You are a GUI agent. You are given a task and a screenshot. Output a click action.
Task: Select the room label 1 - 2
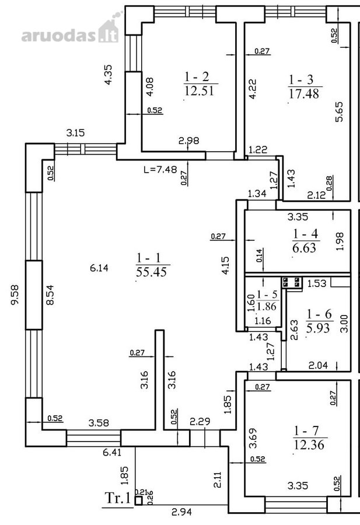pyautogui.click(x=197, y=76)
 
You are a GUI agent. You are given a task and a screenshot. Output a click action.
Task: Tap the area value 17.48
pyautogui.click(x=304, y=93)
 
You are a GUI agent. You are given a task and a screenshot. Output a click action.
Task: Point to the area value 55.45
pyautogui.click(x=151, y=271)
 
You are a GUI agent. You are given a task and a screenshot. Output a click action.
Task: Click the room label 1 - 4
pyautogui.click(x=305, y=234)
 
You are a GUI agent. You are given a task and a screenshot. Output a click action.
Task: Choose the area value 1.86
pyautogui.click(x=267, y=306)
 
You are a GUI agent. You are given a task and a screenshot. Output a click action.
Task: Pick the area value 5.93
pyautogui.click(x=318, y=328)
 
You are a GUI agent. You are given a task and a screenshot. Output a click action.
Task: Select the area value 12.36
pyautogui.click(x=309, y=444)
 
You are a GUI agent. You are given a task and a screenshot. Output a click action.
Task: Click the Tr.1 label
pyautogui.click(x=118, y=498)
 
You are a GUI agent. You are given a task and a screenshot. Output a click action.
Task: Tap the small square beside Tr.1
pyautogui.click(x=138, y=501)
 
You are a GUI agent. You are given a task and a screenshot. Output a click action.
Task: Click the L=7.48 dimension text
pyautogui.click(x=160, y=169)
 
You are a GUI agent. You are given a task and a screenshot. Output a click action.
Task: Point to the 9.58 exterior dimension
pyautogui.click(x=15, y=295)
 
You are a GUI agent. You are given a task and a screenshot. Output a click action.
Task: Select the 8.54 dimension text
pyautogui.click(x=50, y=295)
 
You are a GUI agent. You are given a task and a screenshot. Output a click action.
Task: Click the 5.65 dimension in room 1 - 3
pyautogui.click(x=339, y=112)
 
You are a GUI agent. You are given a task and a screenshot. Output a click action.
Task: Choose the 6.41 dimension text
pyautogui.click(x=112, y=453)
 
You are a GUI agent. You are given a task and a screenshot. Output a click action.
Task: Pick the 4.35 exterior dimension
pyautogui.click(x=108, y=75)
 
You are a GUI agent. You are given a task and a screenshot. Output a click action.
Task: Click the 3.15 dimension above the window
pyautogui.click(x=75, y=133)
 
